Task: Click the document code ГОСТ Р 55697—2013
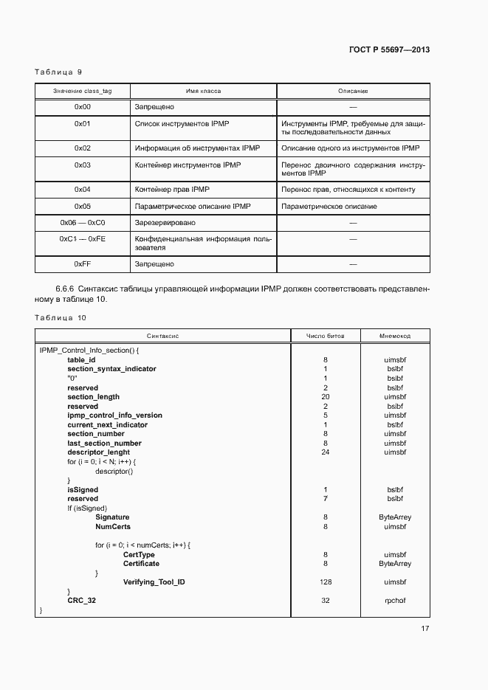click(x=389, y=50)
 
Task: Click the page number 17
click(x=425, y=629)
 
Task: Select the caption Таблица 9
click(x=58, y=72)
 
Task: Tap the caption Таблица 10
click(x=61, y=317)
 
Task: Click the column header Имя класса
click(x=203, y=91)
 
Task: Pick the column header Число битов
click(x=326, y=336)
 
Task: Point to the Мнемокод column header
click(x=395, y=336)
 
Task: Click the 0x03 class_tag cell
click(x=83, y=165)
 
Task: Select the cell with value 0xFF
click(x=83, y=263)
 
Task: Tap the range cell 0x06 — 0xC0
click(x=83, y=222)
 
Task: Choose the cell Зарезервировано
click(x=165, y=222)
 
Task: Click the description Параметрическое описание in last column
click(x=329, y=207)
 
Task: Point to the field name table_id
click(x=81, y=359)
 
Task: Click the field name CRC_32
click(x=81, y=601)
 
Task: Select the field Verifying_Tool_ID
click(x=154, y=582)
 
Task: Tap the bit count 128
click(x=326, y=582)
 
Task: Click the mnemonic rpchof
click(x=395, y=601)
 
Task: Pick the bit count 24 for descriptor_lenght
click(x=326, y=452)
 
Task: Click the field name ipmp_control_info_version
click(x=114, y=415)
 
